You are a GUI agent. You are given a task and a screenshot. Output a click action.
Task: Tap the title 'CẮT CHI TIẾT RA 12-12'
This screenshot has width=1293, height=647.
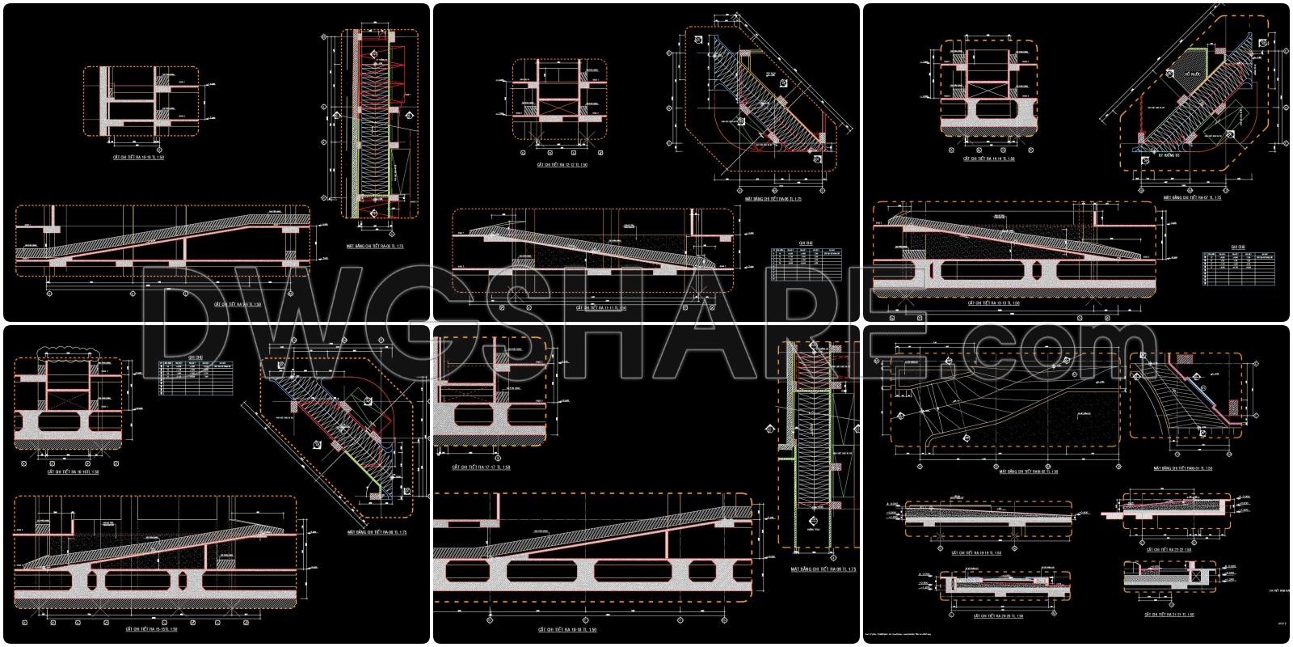tap(562, 165)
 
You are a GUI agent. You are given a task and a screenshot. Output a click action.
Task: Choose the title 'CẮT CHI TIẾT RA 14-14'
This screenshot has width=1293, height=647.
tap(989, 159)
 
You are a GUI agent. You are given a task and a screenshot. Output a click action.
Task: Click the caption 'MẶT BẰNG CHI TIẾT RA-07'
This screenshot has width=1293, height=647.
tap(1192, 197)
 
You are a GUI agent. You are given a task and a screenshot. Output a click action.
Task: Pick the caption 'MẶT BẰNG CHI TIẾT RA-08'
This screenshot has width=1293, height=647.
tap(377, 533)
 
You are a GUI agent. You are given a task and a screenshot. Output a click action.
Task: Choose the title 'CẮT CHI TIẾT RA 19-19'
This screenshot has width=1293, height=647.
tap(977, 553)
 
